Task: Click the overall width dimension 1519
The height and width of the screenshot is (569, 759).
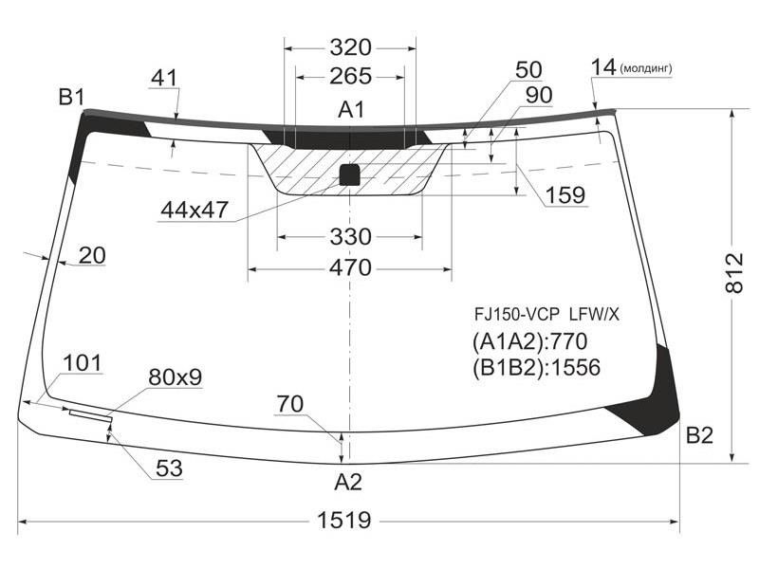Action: click(344, 520)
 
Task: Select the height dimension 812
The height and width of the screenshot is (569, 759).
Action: click(733, 272)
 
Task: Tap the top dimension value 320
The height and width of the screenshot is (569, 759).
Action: click(350, 47)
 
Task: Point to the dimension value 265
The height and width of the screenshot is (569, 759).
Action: click(350, 76)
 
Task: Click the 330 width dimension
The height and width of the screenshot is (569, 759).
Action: click(350, 236)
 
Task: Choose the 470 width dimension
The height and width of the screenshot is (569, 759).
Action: click(350, 267)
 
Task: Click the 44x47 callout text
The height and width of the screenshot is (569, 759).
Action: click(194, 210)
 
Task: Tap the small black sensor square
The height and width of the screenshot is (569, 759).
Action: click(349, 174)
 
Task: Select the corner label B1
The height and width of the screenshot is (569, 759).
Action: click(72, 98)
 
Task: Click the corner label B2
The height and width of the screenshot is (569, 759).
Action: click(699, 435)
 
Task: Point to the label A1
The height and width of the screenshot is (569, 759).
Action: click(351, 110)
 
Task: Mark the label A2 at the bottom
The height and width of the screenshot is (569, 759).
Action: click(348, 482)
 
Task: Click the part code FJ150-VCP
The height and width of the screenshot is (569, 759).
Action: click(516, 315)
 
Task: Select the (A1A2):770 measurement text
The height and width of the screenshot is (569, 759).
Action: click(529, 341)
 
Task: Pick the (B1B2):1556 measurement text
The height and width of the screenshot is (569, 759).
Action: click(536, 367)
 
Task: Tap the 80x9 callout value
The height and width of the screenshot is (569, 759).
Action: click(175, 376)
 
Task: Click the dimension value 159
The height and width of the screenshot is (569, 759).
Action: click(565, 194)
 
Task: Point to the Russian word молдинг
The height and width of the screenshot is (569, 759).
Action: click(646, 68)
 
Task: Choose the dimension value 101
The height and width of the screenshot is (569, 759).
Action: click(83, 362)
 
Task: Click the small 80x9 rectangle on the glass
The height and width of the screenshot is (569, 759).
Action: click(91, 415)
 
